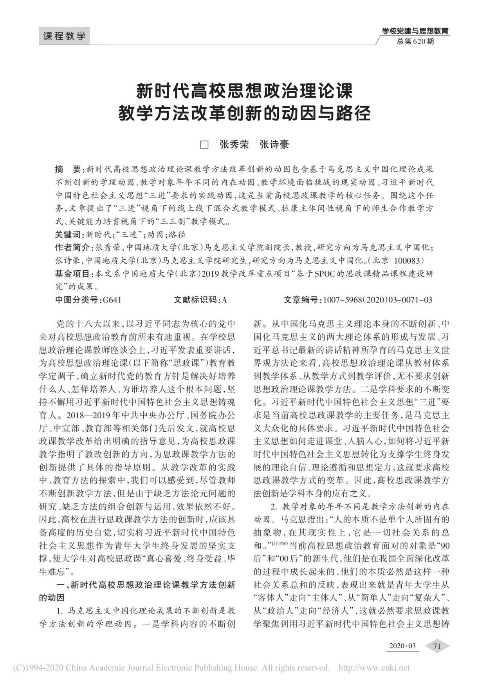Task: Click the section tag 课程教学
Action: (x=65, y=36)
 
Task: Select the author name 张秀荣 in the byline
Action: (x=234, y=145)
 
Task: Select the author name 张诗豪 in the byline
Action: (x=274, y=145)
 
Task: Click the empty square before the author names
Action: (x=204, y=145)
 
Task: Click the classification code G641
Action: (x=112, y=300)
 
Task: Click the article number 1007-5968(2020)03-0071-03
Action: (x=377, y=300)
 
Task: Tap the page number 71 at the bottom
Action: (x=437, y=646)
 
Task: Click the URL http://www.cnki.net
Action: (x=373, y=668)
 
